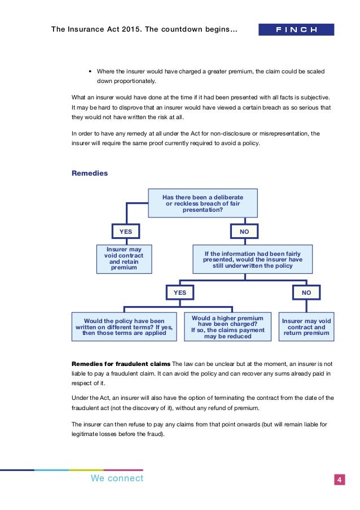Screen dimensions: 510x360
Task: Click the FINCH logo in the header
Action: [296, 29]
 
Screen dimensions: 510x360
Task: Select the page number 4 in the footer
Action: [340, 480]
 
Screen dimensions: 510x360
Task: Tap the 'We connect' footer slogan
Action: [117, 479]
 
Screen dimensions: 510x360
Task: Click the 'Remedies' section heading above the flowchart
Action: [90, 173]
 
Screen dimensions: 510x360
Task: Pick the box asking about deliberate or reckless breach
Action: [203, 203]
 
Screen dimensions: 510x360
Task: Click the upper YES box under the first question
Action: [125, 232]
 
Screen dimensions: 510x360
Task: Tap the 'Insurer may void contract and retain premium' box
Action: [124, 259]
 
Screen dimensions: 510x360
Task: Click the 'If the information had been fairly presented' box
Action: [253, 259]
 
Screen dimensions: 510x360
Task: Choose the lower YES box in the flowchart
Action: [179, 293]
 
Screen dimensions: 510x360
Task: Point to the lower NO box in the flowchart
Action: [306, 293]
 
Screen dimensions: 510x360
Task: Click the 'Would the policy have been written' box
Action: [124, 326]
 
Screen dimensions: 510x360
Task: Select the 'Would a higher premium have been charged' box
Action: [227, 326]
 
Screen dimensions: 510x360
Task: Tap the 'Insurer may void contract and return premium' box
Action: [306, 326]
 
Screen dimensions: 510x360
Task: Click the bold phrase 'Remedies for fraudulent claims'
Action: [120, 363]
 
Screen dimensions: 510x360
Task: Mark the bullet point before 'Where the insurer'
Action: [90, 72]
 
